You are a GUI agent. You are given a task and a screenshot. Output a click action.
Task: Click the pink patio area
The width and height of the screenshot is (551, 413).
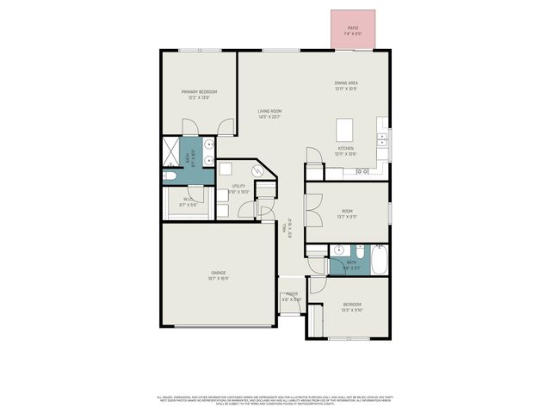pyautogui.click(x=353, y=30)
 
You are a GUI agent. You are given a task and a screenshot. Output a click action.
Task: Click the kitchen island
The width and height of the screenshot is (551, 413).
pyautogui.click(x=346, y=131)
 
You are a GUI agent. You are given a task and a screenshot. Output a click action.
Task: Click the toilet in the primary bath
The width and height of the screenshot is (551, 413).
pyautogui.click(x=170, y=176)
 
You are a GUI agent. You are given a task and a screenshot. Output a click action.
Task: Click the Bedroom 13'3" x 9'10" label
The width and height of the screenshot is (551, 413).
pyautogui.click(x=353, y=305)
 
